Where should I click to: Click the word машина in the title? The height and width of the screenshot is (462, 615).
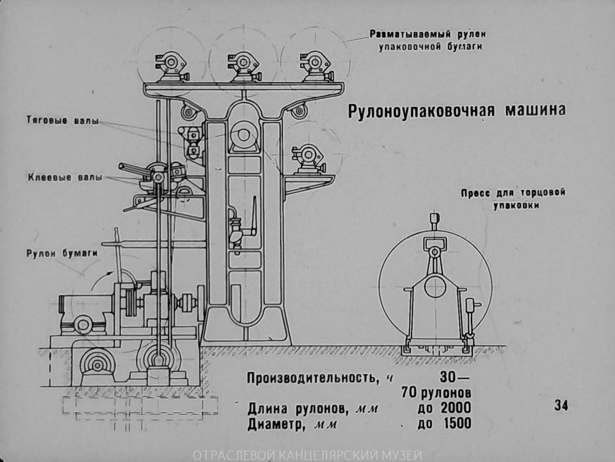535,109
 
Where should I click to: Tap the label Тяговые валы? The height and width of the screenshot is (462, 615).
63,120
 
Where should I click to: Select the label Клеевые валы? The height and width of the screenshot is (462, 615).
65,177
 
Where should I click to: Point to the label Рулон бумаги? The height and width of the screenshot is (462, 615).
62,254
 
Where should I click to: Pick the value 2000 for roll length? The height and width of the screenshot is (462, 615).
456,409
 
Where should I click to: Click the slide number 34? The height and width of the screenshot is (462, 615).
561,406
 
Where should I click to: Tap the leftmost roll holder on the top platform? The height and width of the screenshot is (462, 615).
171,67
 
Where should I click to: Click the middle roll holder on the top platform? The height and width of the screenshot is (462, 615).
244,67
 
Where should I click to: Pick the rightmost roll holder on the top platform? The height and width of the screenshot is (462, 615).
317,67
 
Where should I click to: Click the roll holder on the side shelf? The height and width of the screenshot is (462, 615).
308,159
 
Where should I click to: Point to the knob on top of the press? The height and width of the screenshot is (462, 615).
435,217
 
